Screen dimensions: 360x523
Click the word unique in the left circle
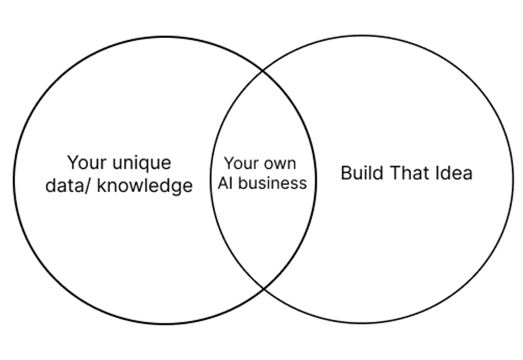click(141, 163)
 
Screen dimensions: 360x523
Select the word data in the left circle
click(61, 186)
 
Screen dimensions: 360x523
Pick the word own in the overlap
click(280, 163)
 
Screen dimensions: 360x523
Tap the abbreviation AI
click(226, 183)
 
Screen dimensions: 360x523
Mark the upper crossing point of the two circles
click(263, 69)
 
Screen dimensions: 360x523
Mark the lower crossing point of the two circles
click(263, 288)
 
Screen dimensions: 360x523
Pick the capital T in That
click(396, 173)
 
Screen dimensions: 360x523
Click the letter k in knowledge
click(100, 186)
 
